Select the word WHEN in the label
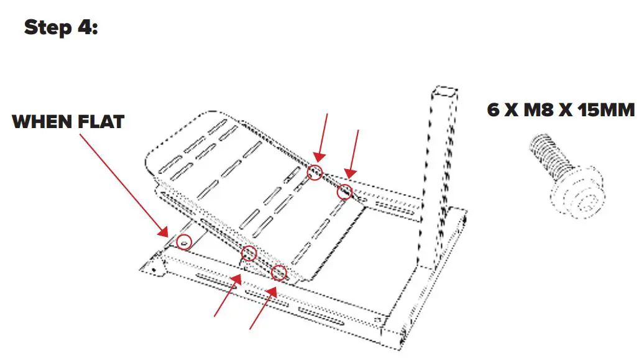[42, 121]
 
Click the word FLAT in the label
[99, 121]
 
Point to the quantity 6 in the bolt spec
[494, 110]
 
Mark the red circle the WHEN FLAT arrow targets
[183, 242]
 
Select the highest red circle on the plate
[315, 172]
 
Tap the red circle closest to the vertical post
[344, 193]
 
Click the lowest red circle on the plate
[279, 272]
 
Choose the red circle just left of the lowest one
[249, 253]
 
